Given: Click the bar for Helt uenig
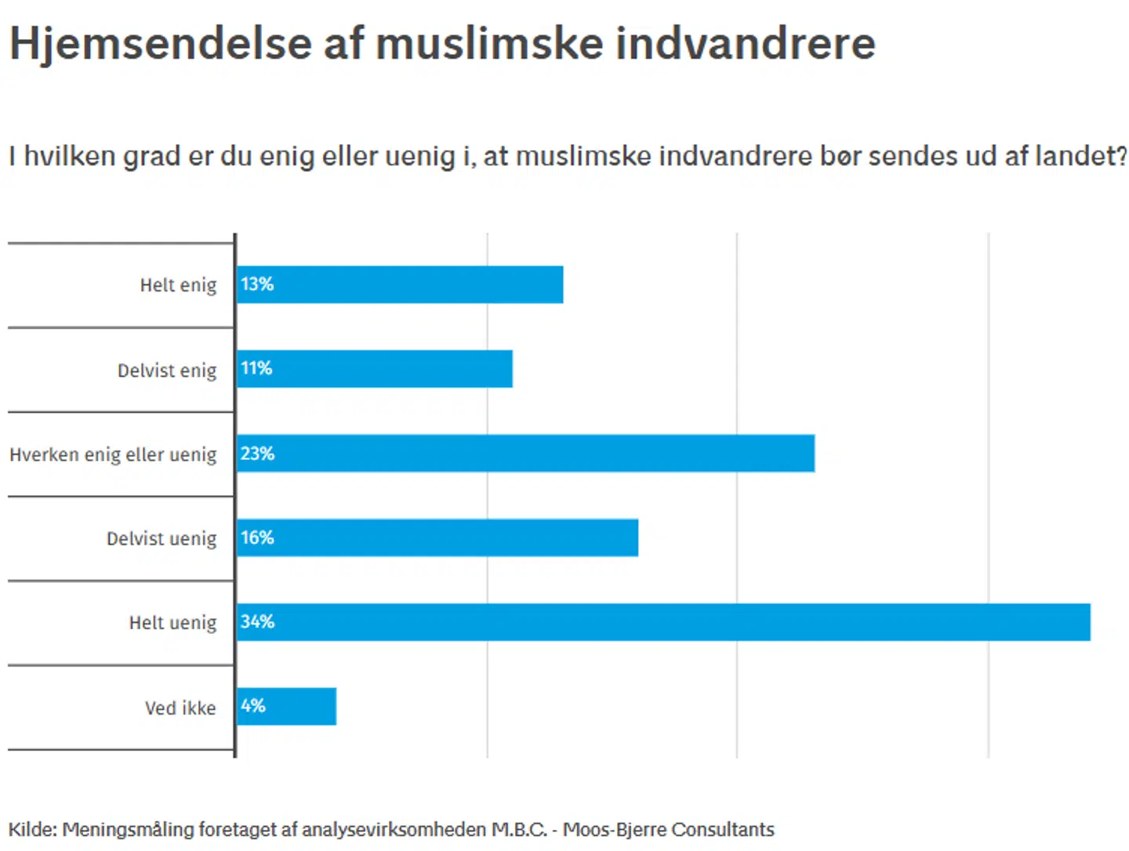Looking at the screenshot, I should [x=663, y=622].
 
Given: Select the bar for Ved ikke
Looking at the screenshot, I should [x=287, y=706].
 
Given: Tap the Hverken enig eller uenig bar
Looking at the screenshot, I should [x=525, y=453].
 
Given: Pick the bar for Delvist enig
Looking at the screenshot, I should [x=375, y=368].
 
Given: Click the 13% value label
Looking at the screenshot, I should [x=257, y=284].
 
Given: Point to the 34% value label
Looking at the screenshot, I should [x=257, y=622].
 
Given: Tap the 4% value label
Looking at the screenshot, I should [x=253, y=706].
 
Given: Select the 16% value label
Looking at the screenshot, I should [x=257, y=538].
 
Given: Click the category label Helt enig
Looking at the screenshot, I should [x=178, y=285].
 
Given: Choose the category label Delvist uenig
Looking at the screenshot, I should [x=162, y=538].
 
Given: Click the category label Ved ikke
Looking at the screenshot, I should [x=180, y=708].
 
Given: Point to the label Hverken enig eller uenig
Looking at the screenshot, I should [x=113, y=454].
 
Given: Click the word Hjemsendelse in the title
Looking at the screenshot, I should [x=160, y=44].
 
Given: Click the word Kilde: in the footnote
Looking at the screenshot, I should [x=32, y=829].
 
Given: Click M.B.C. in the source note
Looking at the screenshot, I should [x=519, y=829].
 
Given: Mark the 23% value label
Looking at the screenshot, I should [x=257, y=454].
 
